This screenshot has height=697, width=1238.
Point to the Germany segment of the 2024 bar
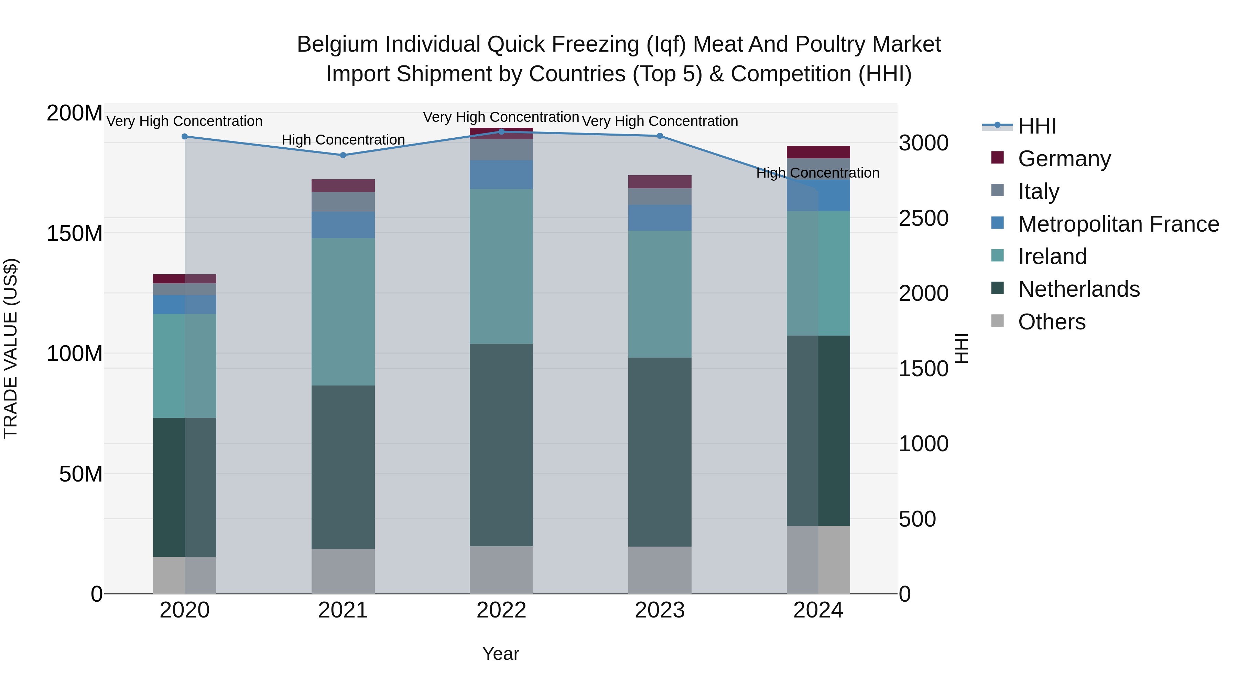(818, 152)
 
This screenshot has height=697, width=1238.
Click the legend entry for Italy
(1038, 191)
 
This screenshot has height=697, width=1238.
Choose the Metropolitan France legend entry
(1118, 224)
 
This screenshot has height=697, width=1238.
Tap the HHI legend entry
(1036, 126)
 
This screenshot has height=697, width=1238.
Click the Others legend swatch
(997, 321)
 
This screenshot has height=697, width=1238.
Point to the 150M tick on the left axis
(75, 234)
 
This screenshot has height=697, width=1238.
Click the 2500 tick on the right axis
(923, 218)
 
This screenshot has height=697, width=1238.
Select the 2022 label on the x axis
(501, 610)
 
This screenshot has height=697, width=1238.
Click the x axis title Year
(500, 654)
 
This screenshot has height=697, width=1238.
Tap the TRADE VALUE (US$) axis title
(11, 348)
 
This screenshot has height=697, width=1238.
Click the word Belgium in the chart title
(337, 45)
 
